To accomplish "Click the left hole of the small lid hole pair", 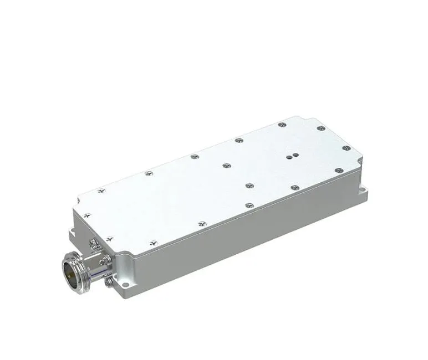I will pos(289,157).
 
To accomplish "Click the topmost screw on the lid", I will pos(282,125).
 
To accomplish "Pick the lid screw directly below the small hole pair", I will pos(295,188).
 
